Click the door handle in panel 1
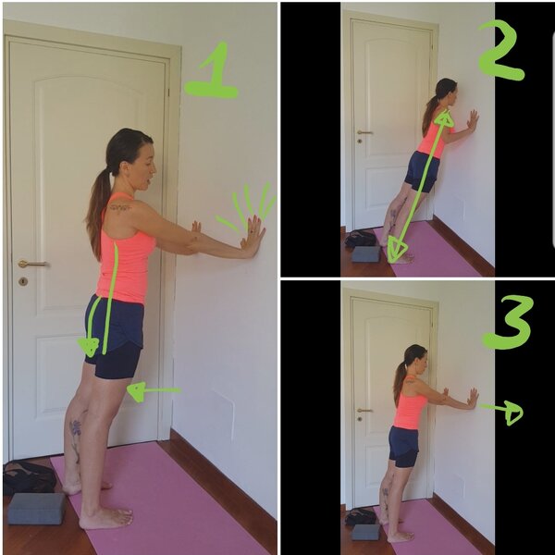tap(31, 264)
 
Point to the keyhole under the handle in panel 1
tap(23, 281)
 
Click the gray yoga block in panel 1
tap(36, 509)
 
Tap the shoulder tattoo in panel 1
tap(120, 208)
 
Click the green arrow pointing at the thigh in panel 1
tap(154, 391)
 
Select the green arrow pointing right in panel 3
tap(502, 411)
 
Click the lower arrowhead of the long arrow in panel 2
tap(396, 250)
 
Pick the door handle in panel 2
tap(364, 132)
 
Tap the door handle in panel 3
tap(364, 411)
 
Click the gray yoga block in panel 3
tap(366, 533)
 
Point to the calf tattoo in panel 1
tap(76, 427)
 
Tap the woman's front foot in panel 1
tap(105, 518)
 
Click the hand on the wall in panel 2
tap(473, 120)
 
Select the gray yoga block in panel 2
tap(366, 254)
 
